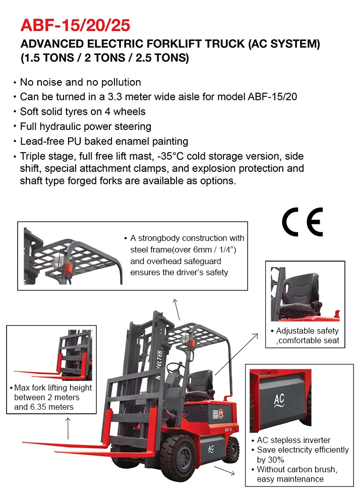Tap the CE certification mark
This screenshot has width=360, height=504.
pos(302,222)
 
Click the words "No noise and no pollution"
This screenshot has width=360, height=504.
pos(80,82)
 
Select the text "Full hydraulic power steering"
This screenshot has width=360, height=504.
pos(85,126)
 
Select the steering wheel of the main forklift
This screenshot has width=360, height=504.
pos(174,366)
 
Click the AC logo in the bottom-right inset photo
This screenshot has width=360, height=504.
pos(279,400)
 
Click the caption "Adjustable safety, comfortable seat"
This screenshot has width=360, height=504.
pos(307,336)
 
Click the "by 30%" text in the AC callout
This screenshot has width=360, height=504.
pos(271,460)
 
